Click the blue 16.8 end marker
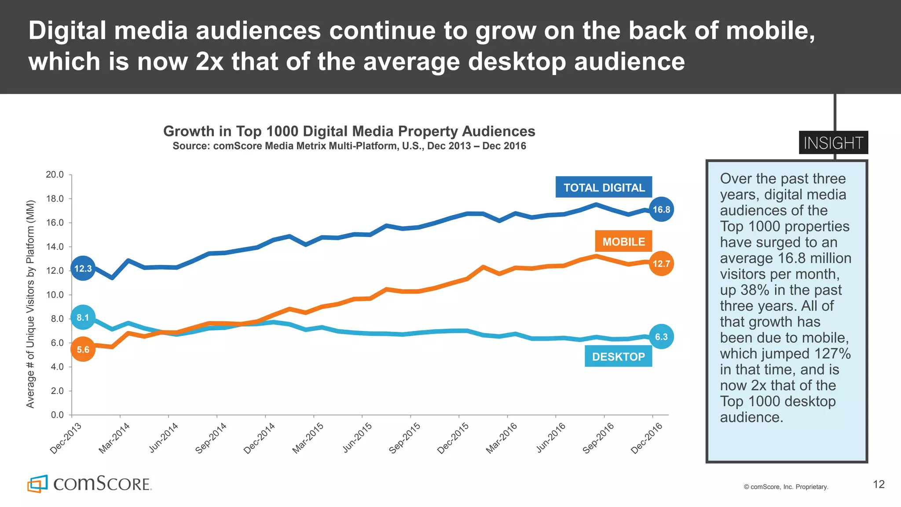click(661, 209)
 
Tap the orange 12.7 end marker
click(661, 264)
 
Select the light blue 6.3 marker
click(661, 337)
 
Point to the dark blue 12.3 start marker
click(83, 268)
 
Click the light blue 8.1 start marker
click(83, 317)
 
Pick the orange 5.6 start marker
click(83, 349)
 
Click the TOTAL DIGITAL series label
click(604, 187)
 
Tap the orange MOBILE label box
click(623, 242)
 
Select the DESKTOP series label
click(618, 356)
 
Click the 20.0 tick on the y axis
click(55, 175)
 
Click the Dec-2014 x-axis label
click(259, 438)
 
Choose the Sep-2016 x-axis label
click(598, 438)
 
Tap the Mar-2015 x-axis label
click(308, 438)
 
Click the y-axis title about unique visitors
click(30, 304)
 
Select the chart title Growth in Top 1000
click(349, 131)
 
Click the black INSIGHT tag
click(833, 143)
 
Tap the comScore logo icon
click(37, 484)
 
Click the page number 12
click(879, 484)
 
